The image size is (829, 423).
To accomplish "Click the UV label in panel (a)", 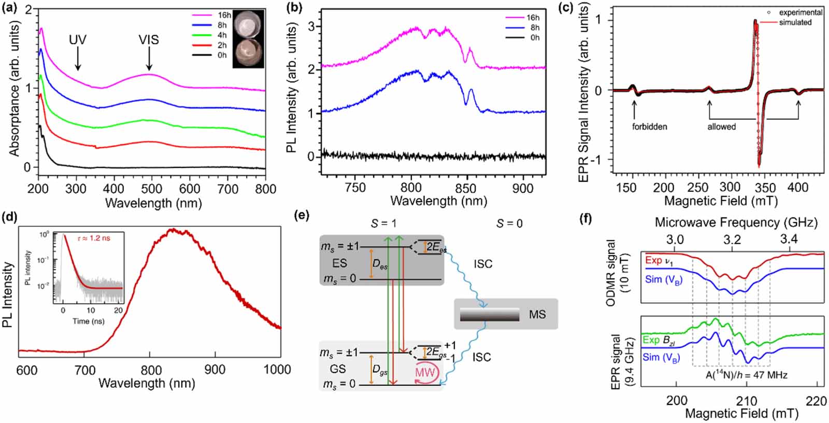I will [x=78, y=40].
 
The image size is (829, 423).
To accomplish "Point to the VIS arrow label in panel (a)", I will [x=149, y=40].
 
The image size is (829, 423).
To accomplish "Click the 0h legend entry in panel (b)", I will [x=534, y=37].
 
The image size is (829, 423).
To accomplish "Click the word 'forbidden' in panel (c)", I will [x=649, y=126].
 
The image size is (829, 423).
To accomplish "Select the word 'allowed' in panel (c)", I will [x=721, y=126].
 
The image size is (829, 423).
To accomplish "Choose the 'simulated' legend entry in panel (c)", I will [x=795, y=22].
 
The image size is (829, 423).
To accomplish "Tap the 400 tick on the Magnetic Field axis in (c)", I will [x=798, y=187].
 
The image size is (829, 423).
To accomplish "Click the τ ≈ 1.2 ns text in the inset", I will [x=93, y=238].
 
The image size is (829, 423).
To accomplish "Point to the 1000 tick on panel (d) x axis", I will [x=277, y=370].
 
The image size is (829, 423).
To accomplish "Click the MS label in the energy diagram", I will [x=537, y=314].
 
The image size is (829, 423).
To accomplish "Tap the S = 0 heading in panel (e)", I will [x=509, y=223].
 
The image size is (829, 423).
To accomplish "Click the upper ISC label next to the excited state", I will [x=482, y=264].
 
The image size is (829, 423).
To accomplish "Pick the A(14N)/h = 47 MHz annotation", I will [x=746, y=375].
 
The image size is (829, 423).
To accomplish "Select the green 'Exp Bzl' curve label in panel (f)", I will [x=659, y=340].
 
